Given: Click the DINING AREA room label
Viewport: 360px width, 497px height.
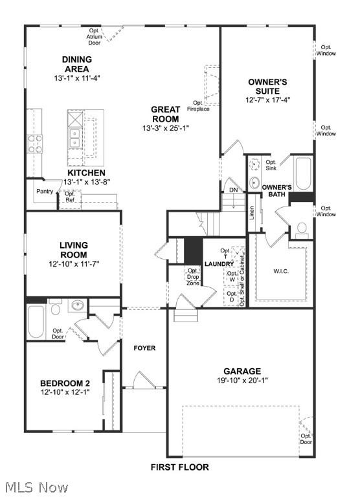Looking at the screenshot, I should coord(76,64).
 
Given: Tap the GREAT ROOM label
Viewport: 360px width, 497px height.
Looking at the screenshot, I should coord(166,114).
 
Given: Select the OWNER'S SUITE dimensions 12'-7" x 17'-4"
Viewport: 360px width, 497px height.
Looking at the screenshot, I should coord(269,100).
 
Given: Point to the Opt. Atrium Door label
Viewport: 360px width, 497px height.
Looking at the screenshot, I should coord(95,37).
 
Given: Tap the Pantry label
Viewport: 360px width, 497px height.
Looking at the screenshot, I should coord(45,191).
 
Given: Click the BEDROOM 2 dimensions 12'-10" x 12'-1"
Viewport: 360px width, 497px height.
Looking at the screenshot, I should coord(65,392).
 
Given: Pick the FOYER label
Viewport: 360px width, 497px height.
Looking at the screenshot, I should coord(144,348).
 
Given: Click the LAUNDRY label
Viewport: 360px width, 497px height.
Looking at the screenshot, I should coord(218,265).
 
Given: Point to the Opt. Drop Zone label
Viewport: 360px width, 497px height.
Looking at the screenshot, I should coord(193,277).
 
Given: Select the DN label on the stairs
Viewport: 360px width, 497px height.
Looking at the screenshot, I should coord(232,190).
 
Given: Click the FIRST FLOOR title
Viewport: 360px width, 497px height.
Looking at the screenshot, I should coord(179,467).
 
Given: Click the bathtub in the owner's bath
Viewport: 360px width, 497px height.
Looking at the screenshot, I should coord(303,173).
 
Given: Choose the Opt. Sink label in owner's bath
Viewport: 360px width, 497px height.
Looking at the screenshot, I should coord(271,165).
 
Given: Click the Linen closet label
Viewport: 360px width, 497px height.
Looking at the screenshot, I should coord(253,214).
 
